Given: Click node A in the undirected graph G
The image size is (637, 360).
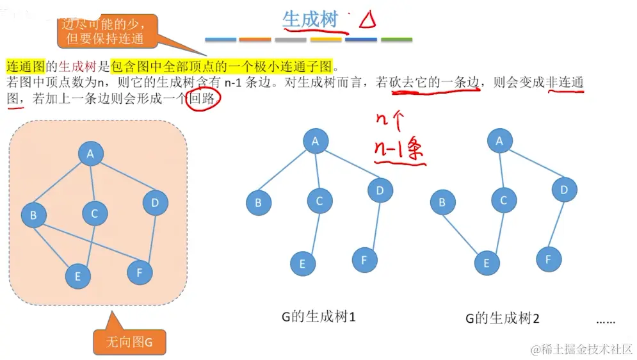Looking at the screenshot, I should click(x=91, y=154).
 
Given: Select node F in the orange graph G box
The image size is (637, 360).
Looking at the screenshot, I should click(x=140, y=273).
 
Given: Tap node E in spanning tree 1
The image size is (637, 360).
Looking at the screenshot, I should click(x=302, y=263).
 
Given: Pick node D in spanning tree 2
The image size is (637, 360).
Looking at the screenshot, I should click(x=564, y=190).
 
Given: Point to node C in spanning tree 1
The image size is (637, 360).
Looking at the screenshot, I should click(x=319, y=201).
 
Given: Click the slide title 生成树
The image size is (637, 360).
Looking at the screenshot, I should click(x=310, y=19).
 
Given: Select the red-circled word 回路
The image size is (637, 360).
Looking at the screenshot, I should click(x=203, y=99).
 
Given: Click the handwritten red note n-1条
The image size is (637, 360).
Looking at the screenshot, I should click(x=399, y=150).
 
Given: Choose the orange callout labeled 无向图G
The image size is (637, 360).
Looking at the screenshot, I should click(x=129, y=342).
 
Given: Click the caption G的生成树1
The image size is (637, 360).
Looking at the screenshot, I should click(x=318, y=316).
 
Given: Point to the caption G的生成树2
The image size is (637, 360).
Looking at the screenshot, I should click(x=503, y=318).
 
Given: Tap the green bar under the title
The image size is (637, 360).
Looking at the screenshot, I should click(x=396, y=40).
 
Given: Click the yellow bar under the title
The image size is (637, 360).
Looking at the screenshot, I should click(x=326, y=40).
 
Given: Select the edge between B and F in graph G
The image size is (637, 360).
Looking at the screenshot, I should click(x=86, y=243).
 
